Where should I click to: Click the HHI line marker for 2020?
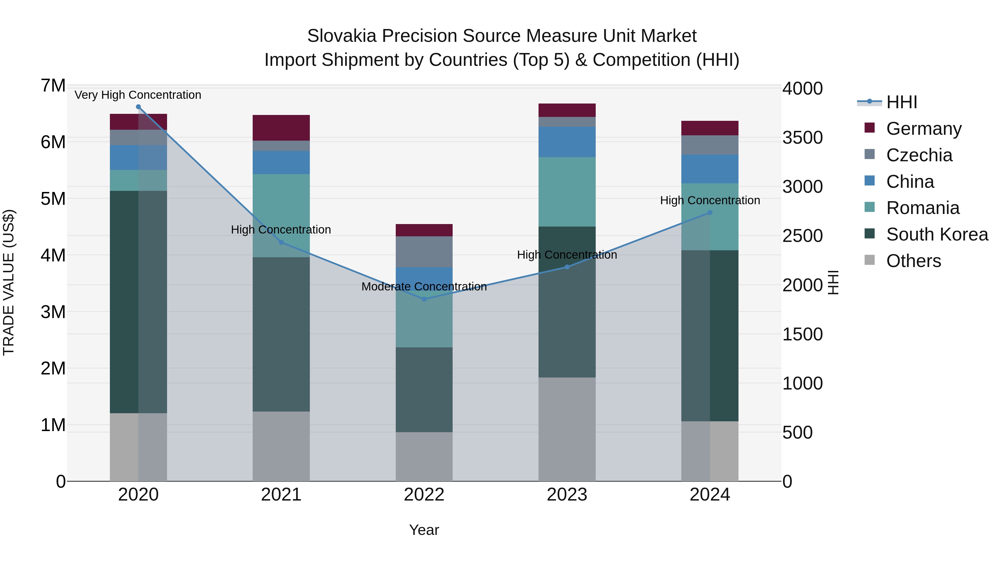coord(138,107)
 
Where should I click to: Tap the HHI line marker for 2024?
coord(710,213)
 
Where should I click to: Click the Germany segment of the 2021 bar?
coord(281,128)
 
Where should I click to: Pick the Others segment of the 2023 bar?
coord(567,429)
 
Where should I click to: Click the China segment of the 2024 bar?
coord(710,169)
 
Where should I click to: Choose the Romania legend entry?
coord(923,208)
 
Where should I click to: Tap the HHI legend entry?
coord(901,102)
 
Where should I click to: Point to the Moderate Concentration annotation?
coord(424,287)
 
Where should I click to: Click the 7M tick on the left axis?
coord(53,85)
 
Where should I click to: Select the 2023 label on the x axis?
coord(567,495)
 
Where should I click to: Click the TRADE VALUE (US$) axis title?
coord(9,282)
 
